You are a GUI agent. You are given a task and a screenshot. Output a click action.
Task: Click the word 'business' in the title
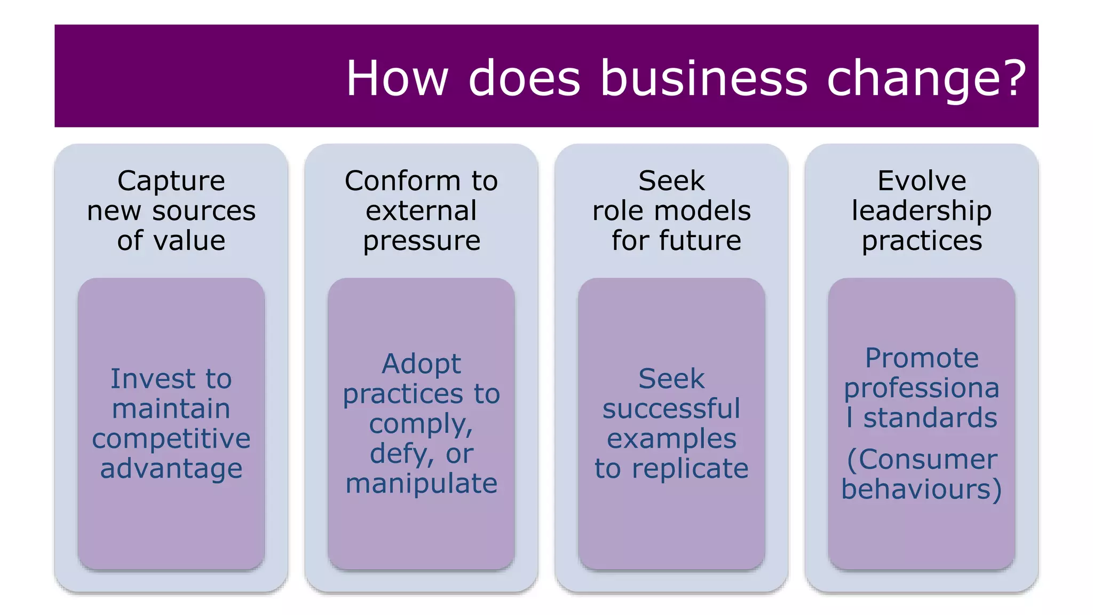click(x=704, y=78)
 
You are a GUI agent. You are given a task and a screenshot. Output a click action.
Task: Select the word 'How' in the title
click(x=397, y=78)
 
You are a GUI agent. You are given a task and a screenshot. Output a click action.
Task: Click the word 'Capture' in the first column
click(x=171, y=180)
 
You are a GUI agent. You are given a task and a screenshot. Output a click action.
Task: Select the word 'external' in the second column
click(x=421, y=210)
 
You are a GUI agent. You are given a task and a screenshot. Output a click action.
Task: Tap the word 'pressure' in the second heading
click(x=421, y=241)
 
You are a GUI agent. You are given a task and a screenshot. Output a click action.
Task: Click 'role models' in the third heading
click(x=671, y=210)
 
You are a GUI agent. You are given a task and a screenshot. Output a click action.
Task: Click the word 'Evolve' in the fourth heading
click(x=922, y=180)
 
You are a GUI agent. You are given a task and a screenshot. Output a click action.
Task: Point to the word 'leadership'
click(x=922, y=210)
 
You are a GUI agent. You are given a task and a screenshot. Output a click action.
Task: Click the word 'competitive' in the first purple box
click(x=171, y=438)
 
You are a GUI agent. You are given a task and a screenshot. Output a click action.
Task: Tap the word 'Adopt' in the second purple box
click(x=421, y=364)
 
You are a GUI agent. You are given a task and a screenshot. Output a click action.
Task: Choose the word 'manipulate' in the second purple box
click(x=421, y=483)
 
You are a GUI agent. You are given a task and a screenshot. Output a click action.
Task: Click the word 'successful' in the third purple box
click(x=671, y=408)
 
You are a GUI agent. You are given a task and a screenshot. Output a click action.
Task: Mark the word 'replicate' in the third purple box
click(x=690, y=468)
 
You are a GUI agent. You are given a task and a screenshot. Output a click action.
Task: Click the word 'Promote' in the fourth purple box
click(x=922, y=358)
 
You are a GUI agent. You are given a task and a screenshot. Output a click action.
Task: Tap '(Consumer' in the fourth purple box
click(x=922, y=459)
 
